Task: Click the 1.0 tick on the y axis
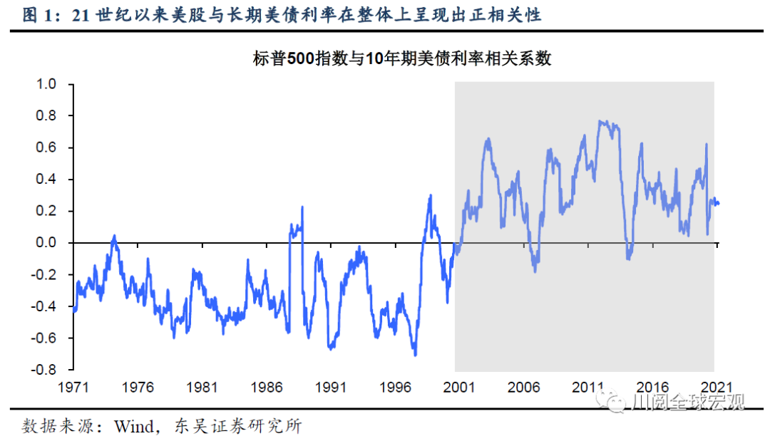click(46, 84)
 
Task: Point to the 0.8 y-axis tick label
click(46, 115)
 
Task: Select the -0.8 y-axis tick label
click(43, 370)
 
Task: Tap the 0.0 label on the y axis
click(46, 243)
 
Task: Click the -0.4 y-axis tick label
click(43, 306)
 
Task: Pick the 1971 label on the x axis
click(73, 387)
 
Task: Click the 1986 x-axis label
click(266, 387)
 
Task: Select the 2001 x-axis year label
click(459, 387)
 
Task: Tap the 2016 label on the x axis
click(652, 387)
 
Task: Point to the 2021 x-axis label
click(716, 387)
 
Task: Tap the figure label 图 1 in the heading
click(38, 15)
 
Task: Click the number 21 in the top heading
click(83, 15)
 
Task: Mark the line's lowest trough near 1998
click(415, 354)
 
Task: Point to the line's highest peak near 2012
click(601, 121)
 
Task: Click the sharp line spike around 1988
click(302, 207)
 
